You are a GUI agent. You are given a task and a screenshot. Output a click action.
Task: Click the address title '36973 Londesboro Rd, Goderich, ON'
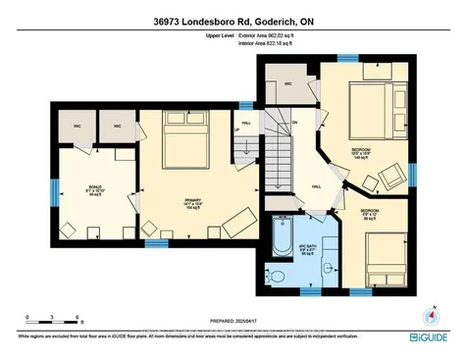coord(233,19)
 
